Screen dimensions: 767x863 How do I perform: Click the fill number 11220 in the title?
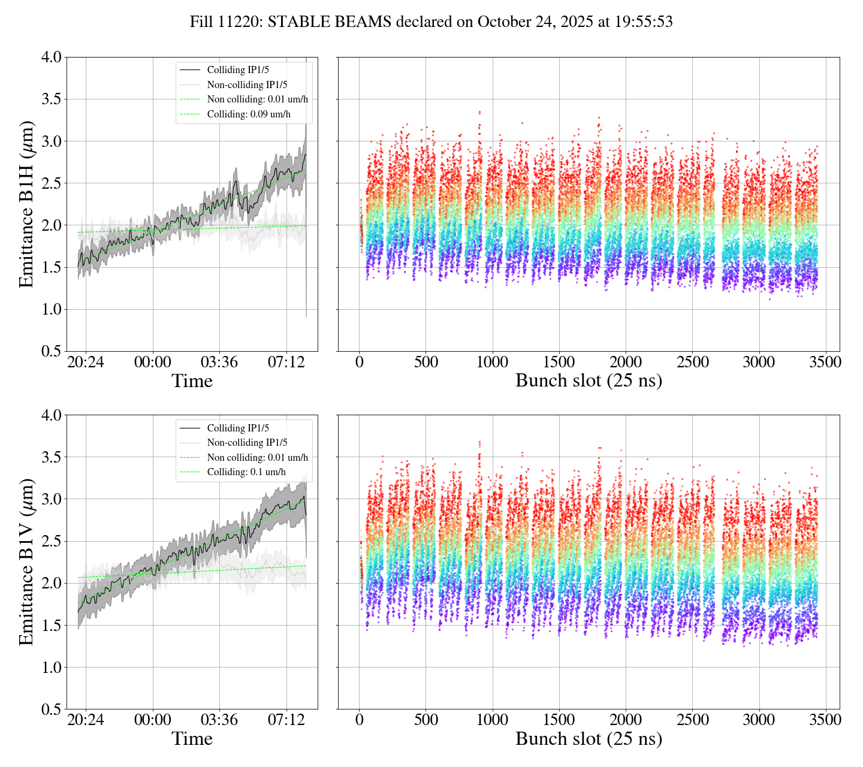pos(243,22)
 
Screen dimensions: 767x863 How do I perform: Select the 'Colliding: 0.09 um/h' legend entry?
pos(249,114)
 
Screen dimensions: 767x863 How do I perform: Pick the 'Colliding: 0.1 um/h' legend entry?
pos(246,472)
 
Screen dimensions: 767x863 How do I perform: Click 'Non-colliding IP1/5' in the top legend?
pos(247,84)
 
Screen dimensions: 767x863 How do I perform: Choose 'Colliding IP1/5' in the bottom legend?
pos(238,428)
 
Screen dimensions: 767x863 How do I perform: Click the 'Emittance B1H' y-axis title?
pos(26,204)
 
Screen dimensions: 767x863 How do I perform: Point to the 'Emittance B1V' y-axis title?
pos(26,561)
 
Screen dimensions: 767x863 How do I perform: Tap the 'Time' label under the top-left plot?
pos(192,381)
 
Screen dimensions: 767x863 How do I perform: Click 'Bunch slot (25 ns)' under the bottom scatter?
pos(589,739)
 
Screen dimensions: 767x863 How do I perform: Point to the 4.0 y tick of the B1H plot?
pos(51,58)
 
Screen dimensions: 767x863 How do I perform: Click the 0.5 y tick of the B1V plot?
pos(51,709)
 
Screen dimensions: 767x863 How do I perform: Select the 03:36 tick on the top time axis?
pos(219,363)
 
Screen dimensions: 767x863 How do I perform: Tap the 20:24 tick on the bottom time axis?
pos(85,720)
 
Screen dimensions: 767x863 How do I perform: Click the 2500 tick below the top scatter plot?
pos(692,363)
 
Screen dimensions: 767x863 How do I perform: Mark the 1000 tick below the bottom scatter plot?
pos(493,720)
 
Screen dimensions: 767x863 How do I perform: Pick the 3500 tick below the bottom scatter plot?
pos(826,720)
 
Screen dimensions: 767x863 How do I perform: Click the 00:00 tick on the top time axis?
pos(152,363)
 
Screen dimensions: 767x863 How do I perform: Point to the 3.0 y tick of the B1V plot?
pos(51,499)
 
